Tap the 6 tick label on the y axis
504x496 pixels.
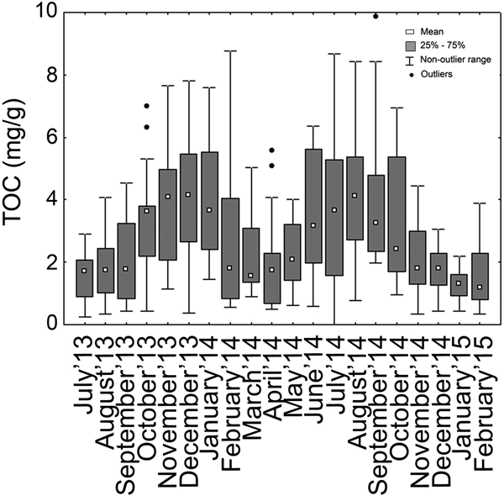[x=53, y=137]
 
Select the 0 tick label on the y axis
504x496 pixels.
[x=53, y=324]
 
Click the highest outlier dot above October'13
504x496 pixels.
[x=146, y=106]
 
